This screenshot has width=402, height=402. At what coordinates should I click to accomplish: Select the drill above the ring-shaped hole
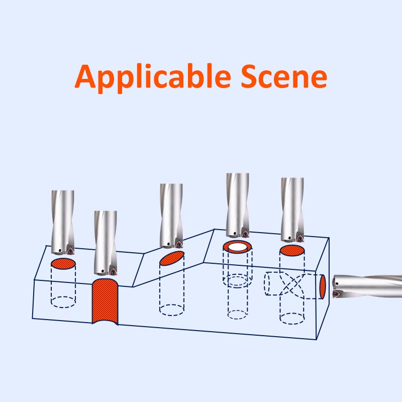[x=237, y=204]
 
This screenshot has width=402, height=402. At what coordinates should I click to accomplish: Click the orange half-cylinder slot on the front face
[x=105, y=301]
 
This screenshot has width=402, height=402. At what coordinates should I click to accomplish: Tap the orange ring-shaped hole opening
[x=237, y=247]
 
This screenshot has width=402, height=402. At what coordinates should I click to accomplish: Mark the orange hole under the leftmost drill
[x=63, y=264]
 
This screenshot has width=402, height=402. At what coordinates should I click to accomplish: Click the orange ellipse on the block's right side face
[x=323, y=286]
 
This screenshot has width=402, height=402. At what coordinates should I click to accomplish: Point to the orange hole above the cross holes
[x=292, y=250]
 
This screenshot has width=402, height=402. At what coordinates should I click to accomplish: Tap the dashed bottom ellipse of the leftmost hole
[x=63, y=302]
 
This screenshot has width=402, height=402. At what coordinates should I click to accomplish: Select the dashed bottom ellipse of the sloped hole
[x=171, y=309]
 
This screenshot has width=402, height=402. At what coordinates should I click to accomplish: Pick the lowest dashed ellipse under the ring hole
[x=237, y=315]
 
